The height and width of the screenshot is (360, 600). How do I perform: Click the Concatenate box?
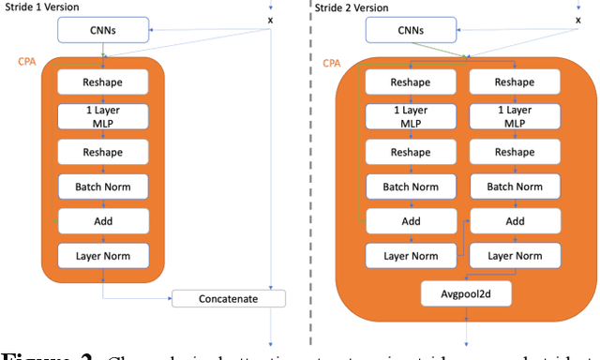click(228, 300)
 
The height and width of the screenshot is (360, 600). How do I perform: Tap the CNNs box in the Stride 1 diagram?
click(104, 30)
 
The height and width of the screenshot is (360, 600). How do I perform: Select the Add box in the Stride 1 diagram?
click(104, 220)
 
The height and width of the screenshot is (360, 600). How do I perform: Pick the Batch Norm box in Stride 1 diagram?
click(104, 186)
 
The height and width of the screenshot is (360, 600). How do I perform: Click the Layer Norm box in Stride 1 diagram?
click(104, 254)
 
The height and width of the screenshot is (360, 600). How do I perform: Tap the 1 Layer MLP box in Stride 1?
click(104, 117)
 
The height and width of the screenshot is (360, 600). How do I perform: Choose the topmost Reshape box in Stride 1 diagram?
click(104, 82)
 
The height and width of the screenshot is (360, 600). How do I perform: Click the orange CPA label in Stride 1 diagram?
click(28, 61)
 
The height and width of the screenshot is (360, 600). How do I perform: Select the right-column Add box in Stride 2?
click(515, 221)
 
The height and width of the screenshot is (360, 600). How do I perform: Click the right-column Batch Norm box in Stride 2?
click(515, 187)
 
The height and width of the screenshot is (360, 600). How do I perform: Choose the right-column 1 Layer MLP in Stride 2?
click(515, 117)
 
